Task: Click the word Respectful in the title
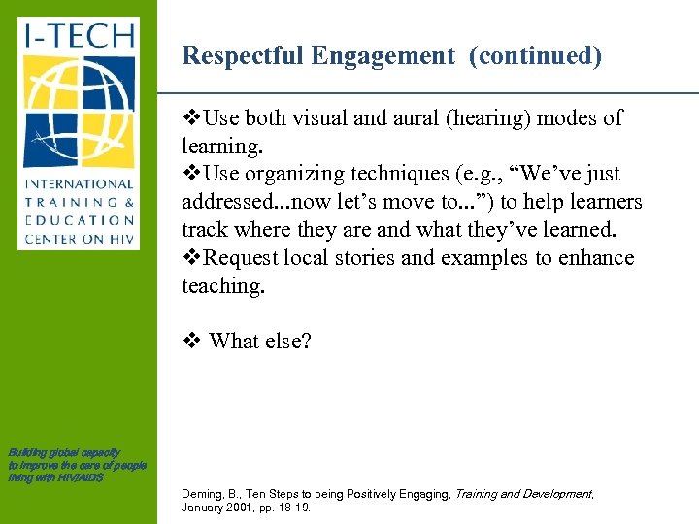pyautogui.click(x=243, y=56)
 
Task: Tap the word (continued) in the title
pyautogui.click(x=535, y=56)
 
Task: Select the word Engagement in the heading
pyautogui.click(x=383, y=56)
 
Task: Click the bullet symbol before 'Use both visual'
pyautogui.click(x=191, y=118)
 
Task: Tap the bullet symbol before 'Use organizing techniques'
pyautogui.click(x=191, y=175)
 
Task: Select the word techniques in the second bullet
pyautogui.click(x=373, y=175)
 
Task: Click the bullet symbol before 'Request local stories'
pyautogui.click(x=191, y=258)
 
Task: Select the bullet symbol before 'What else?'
pyautogui.click(x=190, y=341)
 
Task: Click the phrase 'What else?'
pyautogui.click(x=260, y=341)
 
